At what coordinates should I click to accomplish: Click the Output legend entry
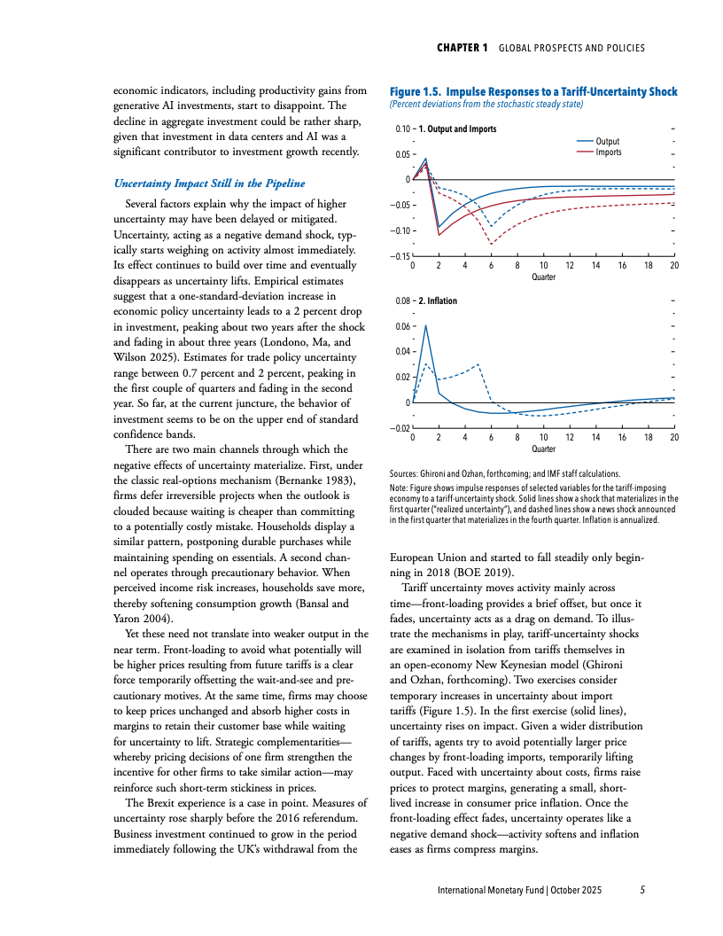click(x=607, y=142)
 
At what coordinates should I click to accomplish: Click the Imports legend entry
click(x=608, y=152)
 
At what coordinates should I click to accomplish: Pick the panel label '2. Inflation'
click(x=442, y=300)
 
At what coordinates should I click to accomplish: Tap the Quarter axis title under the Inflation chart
click(x=543, y=448)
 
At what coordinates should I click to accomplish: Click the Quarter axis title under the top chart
click(x=543, y=277)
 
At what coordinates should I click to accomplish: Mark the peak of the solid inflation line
click(x=426, y=325)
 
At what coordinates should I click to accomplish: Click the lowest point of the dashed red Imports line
click(x=492, y=242)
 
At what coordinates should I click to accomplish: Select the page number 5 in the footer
click(x=642, y=889)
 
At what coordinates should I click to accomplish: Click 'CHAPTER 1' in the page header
click(x=463, y=48)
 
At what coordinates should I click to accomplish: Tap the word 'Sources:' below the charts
click(x=407, y=474)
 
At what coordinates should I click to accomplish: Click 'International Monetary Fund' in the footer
click(x=490, y=889)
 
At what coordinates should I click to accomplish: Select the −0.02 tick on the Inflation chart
click(x=400, y=429)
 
